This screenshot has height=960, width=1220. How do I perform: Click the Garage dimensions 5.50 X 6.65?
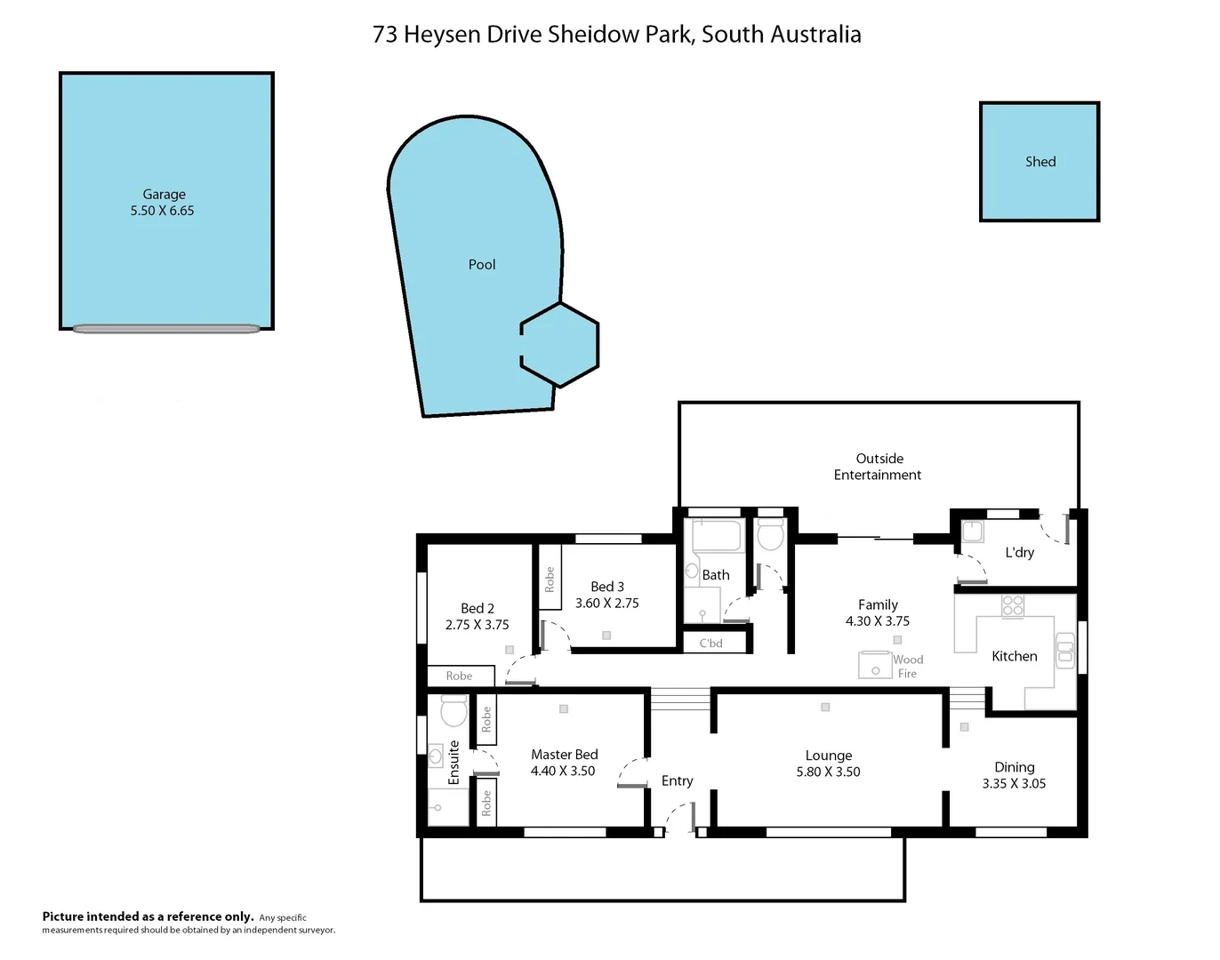162,211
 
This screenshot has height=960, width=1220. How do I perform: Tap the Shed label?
1040,162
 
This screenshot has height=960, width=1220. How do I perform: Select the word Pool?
482,265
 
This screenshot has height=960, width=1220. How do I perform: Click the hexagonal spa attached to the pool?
559,345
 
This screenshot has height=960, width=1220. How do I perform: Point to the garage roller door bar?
166,329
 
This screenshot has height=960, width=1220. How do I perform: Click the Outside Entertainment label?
879,467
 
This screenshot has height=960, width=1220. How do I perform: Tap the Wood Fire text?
908,667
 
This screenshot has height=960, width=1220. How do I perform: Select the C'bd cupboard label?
711,644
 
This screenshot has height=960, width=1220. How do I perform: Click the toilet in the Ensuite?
453,711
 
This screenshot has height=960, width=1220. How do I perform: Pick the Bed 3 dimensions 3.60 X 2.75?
607,604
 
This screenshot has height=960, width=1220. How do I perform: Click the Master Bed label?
565,755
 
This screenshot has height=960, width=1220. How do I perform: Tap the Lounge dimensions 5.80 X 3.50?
828,772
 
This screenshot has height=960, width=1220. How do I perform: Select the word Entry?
677,781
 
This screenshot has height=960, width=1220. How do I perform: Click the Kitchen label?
1015,657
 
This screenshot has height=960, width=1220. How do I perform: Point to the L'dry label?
1020,553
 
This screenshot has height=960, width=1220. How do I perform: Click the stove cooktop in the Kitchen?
1013,606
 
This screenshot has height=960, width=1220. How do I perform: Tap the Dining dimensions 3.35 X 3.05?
1014,784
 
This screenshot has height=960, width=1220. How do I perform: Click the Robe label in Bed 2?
460,676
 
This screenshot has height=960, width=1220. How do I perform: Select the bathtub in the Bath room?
717,536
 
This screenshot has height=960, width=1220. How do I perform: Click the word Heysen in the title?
443,35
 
